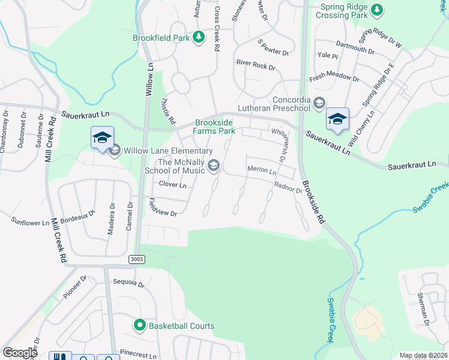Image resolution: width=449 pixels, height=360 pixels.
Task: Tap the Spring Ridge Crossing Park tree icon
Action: (x=376, y=9)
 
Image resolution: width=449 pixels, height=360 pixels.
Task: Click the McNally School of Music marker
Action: (x=214, y=165)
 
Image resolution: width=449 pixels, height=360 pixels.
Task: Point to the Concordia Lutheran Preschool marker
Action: (x=319, y=102)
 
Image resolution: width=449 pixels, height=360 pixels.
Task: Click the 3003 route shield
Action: (x=136, y=258)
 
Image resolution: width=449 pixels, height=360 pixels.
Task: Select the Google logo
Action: (x=20, y=353)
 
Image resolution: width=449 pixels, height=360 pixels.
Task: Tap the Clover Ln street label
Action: (x=173, y=185)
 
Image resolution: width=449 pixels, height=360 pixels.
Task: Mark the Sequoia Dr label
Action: (x=128, y=282)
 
